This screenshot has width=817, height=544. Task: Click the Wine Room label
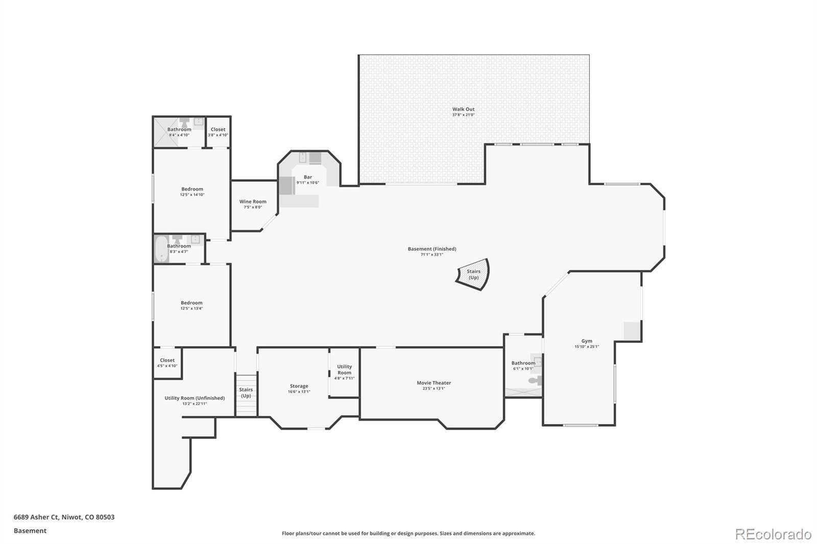(x=253, y=202)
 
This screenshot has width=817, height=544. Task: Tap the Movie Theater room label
(x=434, y=383)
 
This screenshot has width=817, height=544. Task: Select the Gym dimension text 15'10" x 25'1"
(x=586, y=347)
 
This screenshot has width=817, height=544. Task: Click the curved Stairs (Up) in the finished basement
(x=473, y=275)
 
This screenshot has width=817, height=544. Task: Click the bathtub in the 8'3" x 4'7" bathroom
(x=161, y=249)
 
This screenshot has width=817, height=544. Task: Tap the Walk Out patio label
(x=463, y=109)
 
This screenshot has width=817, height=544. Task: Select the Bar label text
(x=308, y=177)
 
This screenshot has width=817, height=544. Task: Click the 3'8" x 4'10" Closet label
(x=218, y=130)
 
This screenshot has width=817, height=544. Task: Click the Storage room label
(x=299, y=386)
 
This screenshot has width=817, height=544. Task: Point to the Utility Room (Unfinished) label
(x=195, y=398)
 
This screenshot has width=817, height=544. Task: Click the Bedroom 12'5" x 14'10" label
(x=192, y=189)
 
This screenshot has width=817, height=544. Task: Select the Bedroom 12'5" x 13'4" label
(x=191, y=303)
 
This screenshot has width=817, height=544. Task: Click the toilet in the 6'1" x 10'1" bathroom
(x=534, y=380)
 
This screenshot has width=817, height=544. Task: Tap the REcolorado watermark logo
(x=773, y=534)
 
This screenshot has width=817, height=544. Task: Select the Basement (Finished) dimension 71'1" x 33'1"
(x=431, y=255)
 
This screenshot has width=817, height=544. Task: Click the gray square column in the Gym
(x=632, y=331)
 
